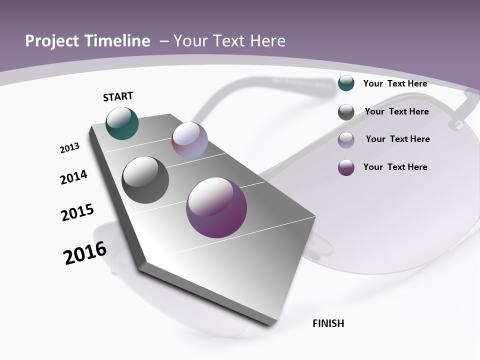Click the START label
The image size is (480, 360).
[x=118, y=96]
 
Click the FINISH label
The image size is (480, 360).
[x=328, y=323]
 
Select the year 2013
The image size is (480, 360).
[x=70, y=147]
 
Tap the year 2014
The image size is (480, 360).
[x=73, y=177]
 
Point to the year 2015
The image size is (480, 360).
[x=77, y=212]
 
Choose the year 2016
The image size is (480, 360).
[x=85, y=253]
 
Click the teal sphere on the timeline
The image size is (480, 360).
[x=122, y=123]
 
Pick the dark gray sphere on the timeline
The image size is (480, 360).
[x=145, y=179]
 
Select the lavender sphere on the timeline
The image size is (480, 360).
[x=189, y=139]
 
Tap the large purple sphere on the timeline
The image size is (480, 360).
[x=216, y=207]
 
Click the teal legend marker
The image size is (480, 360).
[x=346, y=83]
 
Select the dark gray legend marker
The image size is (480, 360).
[x=346, y=112]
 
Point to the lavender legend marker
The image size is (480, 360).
[x=346, y=140]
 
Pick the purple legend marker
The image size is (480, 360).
[x=346, y=167]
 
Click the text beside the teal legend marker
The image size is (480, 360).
[x=395, y=83]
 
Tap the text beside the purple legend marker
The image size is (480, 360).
[x=395, y=167]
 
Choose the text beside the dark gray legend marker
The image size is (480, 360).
[x=396, y=111]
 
